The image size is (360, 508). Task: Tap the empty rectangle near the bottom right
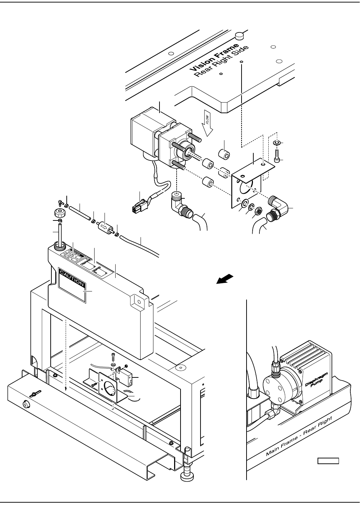pos(328,461)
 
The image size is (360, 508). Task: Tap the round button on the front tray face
pos(26,404)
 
